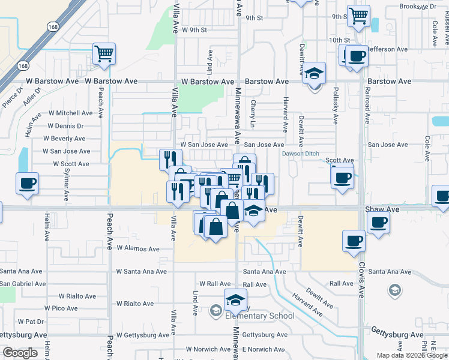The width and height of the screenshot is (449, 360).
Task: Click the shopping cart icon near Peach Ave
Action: [x=104, y=54]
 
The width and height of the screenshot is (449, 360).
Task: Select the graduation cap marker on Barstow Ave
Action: [x=314, y=73]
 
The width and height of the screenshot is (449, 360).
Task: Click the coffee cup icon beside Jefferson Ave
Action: [x=357, y=56]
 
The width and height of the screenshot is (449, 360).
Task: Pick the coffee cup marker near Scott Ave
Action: [x=342, y=177]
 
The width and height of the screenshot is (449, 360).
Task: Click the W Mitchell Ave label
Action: [x=71, y=113]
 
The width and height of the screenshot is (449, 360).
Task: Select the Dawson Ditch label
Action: [x=301, y=153]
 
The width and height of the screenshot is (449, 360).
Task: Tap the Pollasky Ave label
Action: [x=335, y=104]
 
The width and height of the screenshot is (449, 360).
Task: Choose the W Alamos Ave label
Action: [x=138, y=248]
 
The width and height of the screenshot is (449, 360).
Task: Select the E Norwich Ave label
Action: [x=263, y=349]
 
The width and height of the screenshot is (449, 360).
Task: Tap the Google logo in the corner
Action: [x=20, y=352]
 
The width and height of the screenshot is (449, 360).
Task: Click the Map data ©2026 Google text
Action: [x=412, y=355]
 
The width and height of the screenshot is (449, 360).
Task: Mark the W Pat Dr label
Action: [x=31, y=322]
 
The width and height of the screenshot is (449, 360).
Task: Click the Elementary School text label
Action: [x=259, y=316]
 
